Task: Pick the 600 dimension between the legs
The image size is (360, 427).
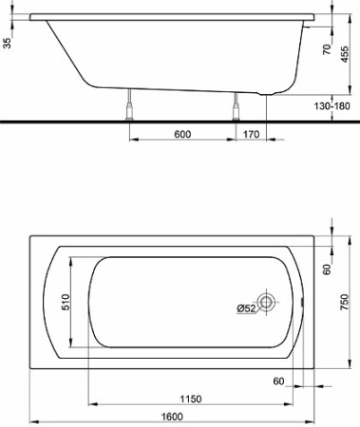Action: point(182,134)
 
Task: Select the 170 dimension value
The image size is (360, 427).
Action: point(251,134)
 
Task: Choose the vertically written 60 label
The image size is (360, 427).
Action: point(324,269)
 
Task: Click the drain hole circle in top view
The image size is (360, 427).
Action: point(268,303)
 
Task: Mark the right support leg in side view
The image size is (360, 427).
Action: point(236,108)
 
